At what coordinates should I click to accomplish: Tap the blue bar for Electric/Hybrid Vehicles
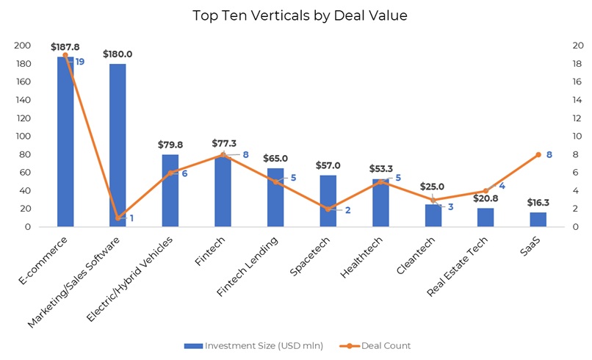pos(170,190)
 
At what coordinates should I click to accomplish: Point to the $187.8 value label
pos(65,47)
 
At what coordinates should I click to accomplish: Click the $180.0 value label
pos(118,54)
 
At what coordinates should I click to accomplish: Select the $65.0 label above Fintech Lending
pos(275,158)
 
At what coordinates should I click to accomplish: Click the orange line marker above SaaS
pos(538,154)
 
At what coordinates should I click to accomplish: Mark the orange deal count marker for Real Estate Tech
pos(485,191)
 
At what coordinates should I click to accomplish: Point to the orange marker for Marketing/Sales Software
pos(118,218)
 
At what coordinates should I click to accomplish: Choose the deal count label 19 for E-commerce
pos(79,62)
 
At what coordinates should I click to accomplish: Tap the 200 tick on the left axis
pos(23,46)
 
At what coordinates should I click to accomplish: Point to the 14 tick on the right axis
pos(577,100)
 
